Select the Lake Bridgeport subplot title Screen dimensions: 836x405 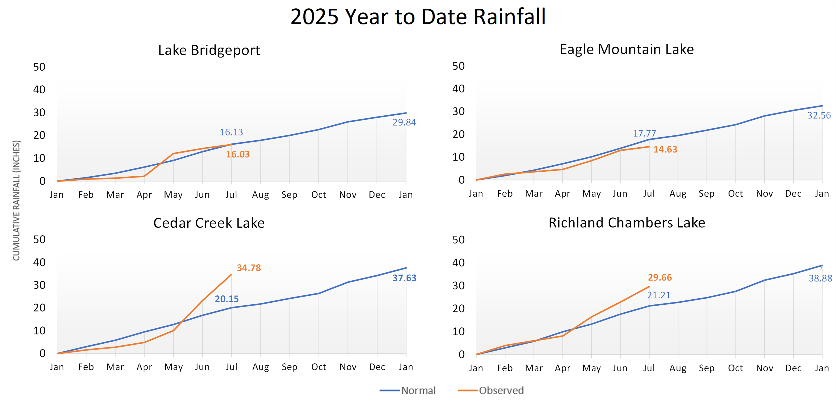point(209,50)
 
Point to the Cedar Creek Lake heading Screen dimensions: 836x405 point(209,223)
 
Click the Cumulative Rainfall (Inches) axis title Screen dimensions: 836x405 point(16,200)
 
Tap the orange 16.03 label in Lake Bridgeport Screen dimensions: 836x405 point(238,154)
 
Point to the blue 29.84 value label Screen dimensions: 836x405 point(404,122)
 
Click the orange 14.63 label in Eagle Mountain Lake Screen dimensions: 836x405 point(665,149)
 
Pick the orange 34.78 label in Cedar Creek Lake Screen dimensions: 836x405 point(249,268)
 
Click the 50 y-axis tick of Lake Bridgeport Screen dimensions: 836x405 point(39,67)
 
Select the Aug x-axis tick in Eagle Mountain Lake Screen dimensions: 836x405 point(678,194)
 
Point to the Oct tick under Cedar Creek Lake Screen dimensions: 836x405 point(319,367)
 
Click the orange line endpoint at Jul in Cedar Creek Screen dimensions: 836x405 point(231,274)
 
